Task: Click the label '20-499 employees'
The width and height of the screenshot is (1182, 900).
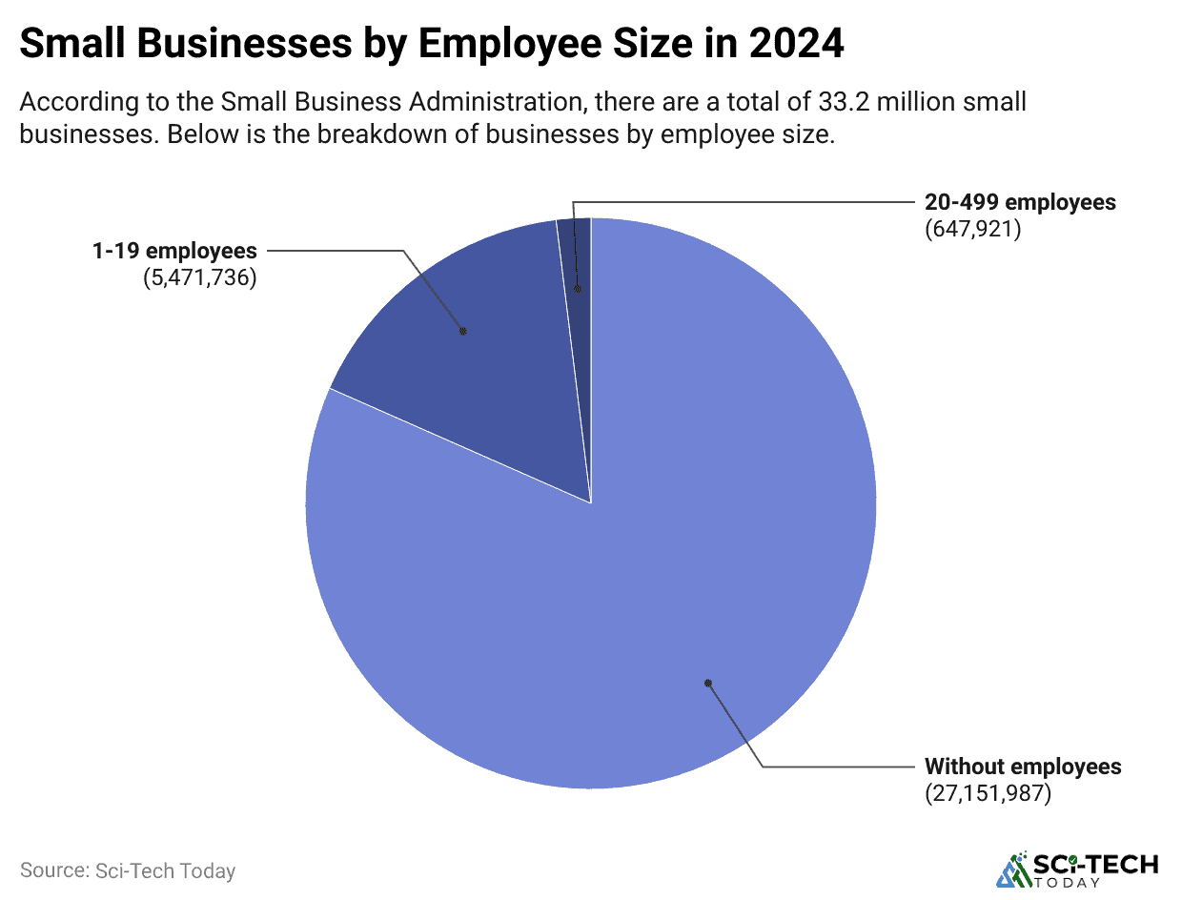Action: [1020, 202]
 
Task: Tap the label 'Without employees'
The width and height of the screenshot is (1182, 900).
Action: [1023, 767]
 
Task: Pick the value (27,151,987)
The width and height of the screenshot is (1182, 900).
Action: [988, 793]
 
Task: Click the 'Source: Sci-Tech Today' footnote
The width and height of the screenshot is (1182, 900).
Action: [127, 870]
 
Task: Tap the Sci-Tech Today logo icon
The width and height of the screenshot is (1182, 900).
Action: [1013, 868]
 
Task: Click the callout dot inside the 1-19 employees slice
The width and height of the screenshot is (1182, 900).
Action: [463, 331]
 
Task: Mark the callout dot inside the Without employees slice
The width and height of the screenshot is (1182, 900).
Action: [707, 683]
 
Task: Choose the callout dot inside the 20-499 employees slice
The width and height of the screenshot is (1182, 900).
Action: [576, 288]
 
